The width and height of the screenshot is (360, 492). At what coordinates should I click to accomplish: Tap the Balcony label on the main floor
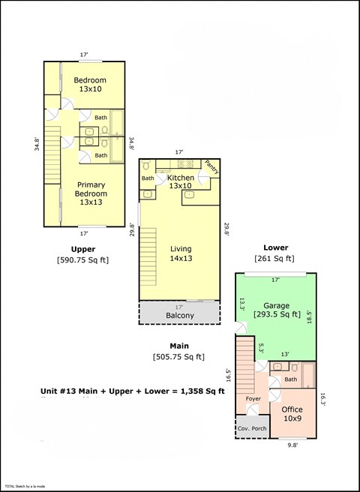click(179, 316)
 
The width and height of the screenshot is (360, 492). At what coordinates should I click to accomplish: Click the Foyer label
click(253, 398)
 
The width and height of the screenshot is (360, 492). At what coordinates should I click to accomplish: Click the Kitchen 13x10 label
click(181, 181)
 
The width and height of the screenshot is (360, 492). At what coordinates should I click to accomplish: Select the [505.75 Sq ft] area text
click(178, 357)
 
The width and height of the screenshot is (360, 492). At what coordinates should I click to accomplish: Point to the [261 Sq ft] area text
click(275, 258)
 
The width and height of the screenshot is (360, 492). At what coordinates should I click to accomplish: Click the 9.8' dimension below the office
click(293, 444)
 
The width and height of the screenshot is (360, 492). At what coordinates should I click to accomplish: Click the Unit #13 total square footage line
click(132, 391)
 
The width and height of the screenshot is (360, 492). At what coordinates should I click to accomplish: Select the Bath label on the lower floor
click(291, 379)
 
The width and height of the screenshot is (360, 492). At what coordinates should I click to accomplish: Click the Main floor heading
click(178, 346)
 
